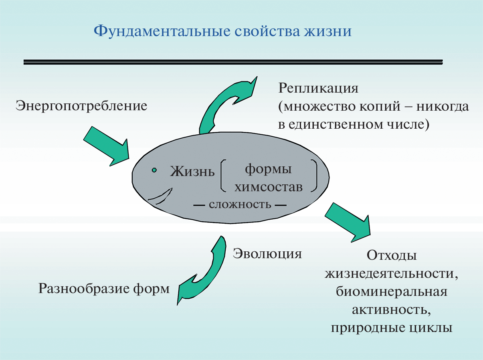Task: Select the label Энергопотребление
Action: click(81, 106)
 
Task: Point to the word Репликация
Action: click(319, 88)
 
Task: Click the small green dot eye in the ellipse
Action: click(154, 170)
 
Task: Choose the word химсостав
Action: click(269, 187)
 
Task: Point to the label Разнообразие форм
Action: click(104, 288)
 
